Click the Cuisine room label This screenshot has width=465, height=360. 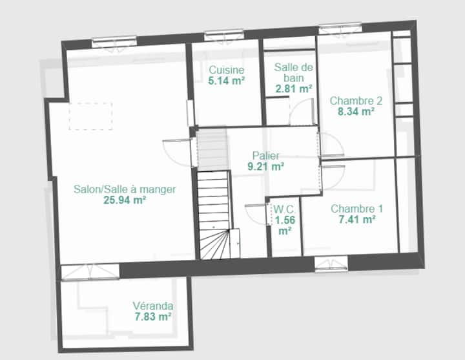coord(226,70)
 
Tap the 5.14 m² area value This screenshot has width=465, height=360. coord(226,81)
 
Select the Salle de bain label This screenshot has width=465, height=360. coord(294,72)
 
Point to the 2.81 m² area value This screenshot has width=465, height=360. coord(294,89)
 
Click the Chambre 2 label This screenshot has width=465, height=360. coord(356,101)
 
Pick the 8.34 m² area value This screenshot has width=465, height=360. coord(356,112)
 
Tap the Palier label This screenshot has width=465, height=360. coord(265,156)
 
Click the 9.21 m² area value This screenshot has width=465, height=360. coord(265,167)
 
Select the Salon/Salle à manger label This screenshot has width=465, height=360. coord(125,189)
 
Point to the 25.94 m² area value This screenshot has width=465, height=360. coord(125,200)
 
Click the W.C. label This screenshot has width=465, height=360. coord(284,209)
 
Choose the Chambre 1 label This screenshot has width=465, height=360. coord(356,209)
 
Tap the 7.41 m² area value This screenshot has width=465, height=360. coord(357,220)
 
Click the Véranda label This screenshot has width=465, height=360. coord(153,306)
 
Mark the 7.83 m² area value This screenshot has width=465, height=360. coord(153,317)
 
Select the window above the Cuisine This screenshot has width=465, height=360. coord(224,36)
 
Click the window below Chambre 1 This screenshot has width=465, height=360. coord(331,264)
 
